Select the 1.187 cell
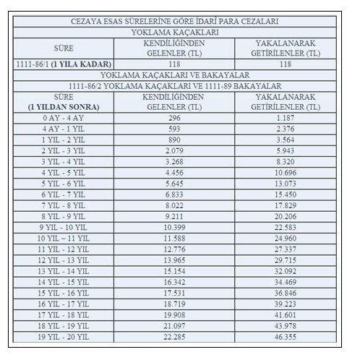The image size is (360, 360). pos(288,116)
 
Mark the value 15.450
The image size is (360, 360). pos(288,194)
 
